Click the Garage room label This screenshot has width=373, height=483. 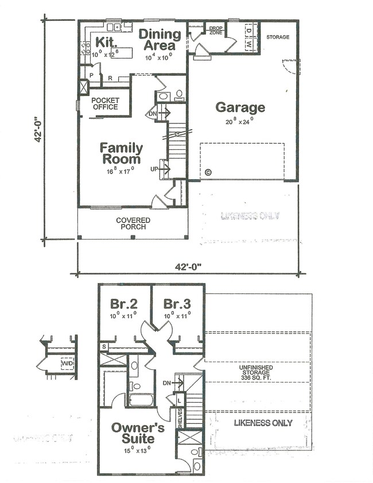point(240,107)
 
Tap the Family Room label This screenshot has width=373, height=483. point(122,153)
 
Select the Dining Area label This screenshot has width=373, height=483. point(159,40)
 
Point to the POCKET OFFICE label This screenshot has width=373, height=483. point(105,103)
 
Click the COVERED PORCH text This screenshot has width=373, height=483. point(133,223)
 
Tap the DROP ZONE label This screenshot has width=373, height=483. point(216,30)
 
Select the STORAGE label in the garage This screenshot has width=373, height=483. point(278,37)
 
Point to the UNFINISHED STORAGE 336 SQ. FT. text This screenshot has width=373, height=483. point(258,371)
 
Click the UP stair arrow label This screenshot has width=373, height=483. point(154,169)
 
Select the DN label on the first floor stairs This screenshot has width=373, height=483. point(153,114)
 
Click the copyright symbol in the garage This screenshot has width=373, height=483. point(208,172)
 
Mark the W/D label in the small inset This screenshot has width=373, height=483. point(67,364)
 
